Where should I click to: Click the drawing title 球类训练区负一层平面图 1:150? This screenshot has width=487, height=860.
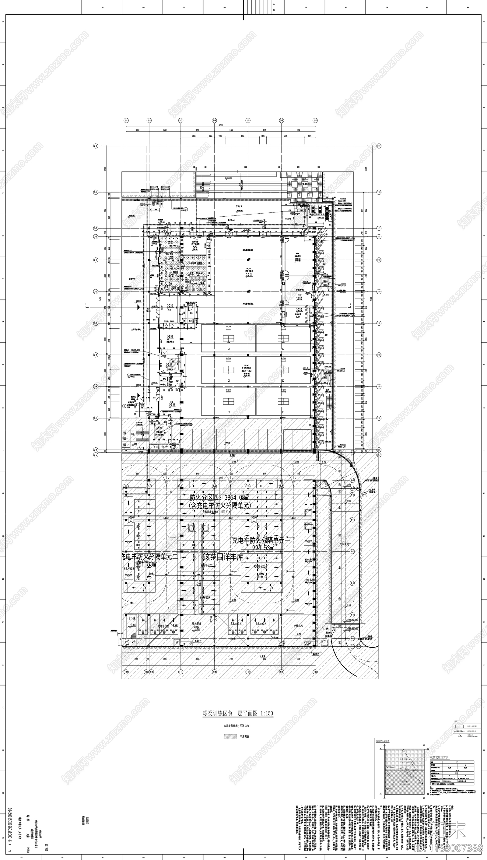tap(237, 713)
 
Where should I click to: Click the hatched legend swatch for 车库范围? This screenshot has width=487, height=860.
tap(230, 736)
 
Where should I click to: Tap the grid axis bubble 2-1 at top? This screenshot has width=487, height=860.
tap(126, 121)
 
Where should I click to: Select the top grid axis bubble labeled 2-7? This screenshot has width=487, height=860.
tap(315, 121)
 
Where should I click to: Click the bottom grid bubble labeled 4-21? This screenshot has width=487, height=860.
tap(315, 671)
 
